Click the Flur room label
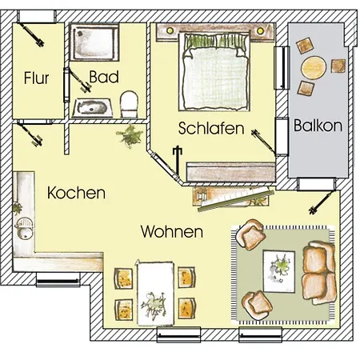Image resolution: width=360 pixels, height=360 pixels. pyautogui.click(x=36, y=78)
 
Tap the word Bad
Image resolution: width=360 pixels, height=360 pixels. pyautogui.click(x=104, y=77)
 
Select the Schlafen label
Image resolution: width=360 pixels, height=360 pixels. pyautogui.click(x=211, y=128)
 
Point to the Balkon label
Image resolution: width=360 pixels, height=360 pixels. pyautogui.click(x=318, y=126)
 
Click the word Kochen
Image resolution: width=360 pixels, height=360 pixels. pyautogui.click(x=76, y=193)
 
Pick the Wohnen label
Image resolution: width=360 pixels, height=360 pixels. pyautogui.click(x=172, y=231)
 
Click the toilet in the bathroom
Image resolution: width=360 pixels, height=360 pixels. pyautogui.click(x=129, y=104)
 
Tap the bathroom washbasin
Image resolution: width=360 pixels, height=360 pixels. pyautogui.click(x=92, y=108)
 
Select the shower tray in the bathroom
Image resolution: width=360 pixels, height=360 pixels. pyautogui.click(x=94, y=42)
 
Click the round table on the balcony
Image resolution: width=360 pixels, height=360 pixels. pyautogui.click(x=314, y=67)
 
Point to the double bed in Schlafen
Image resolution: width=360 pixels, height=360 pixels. pyautogui.click(x=215, y=71)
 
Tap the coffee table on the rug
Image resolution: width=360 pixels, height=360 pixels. pyautogui.click(x=279, y=271)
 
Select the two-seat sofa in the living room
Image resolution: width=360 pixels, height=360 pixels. pyautogui.click(x=318, y=273)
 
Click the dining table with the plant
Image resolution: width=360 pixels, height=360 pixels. pyautogui.click(x=155, y=294)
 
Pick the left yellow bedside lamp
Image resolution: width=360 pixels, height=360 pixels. pyautogui.click(x=170, y=30)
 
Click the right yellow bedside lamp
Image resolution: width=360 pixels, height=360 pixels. pyautogui.click(x=260, y=30)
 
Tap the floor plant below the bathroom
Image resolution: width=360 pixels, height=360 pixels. pyautogui.click(x=130, y=136)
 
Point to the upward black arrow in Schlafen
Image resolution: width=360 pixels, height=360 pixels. pyautogui.click(x=177, y=159)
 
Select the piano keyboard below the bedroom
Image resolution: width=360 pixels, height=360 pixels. pyautogui.click(x=236, y=198)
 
